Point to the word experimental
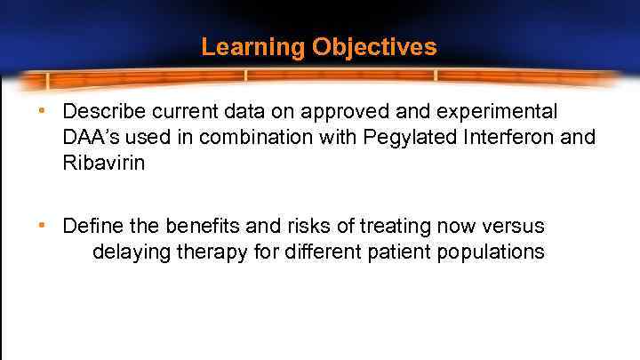coord(504,112)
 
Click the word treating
coord(382,227)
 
